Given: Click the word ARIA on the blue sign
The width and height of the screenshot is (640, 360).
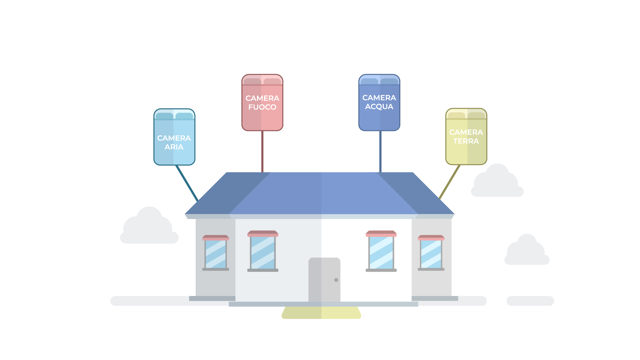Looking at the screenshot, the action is point(174,147).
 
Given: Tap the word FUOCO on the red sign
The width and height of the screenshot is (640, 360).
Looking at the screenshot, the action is point(262,107).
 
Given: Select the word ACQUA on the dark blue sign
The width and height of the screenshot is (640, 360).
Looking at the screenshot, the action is point(379,107).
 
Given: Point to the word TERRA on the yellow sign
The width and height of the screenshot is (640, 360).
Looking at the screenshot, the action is point(466,141).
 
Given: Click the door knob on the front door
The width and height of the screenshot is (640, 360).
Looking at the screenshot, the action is point(336,280).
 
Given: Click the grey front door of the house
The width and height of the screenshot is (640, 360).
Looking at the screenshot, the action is point(324,280).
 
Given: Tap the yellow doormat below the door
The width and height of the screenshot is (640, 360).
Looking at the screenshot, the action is point(321,313).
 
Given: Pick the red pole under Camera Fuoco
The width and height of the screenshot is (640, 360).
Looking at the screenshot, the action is point(262,152).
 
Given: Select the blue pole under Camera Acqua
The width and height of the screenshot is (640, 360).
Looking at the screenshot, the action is point(380,152).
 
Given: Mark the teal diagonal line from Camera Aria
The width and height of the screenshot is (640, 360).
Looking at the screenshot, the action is point(187,183).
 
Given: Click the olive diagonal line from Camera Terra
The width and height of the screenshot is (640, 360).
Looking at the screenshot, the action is point(450,182).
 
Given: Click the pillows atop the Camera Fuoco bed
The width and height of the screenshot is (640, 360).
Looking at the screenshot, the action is point(262,81).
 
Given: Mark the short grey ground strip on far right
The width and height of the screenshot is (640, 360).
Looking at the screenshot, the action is point(530,301).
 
